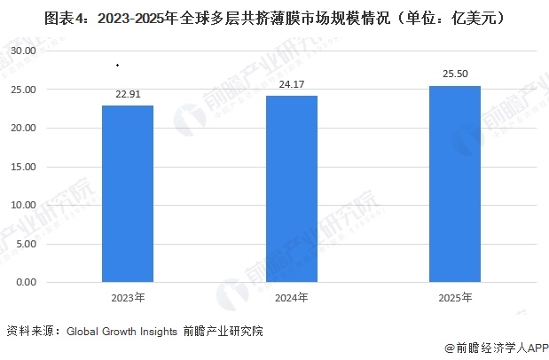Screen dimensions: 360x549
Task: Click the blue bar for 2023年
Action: coord(128,193)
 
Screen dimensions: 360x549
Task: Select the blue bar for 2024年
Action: coord(291,189)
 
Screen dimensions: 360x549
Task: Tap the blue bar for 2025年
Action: coord(455,184)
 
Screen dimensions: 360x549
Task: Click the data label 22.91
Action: coord(128,93)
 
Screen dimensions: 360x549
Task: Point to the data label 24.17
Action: coord(291,84)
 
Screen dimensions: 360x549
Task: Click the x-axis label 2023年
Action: coord(128,298)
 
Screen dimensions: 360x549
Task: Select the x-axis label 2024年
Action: coord(291,298)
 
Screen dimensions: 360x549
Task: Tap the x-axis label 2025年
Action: coord(455,298)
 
